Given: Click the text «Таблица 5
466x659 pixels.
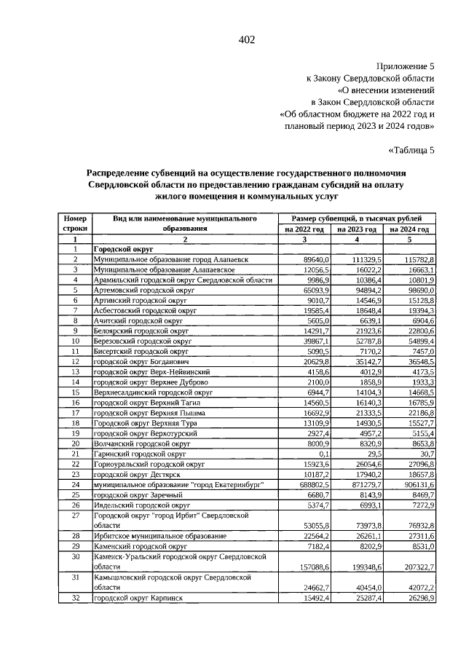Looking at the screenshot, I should [x=412, y=151].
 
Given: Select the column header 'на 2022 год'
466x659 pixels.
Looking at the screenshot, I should [x=305, y=229].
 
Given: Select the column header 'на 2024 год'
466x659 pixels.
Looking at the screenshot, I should [x=410, y=229].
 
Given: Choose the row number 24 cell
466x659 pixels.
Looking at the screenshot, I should [x=75, y=484].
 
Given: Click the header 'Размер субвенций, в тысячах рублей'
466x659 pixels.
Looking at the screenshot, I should [x=358, y=218].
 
